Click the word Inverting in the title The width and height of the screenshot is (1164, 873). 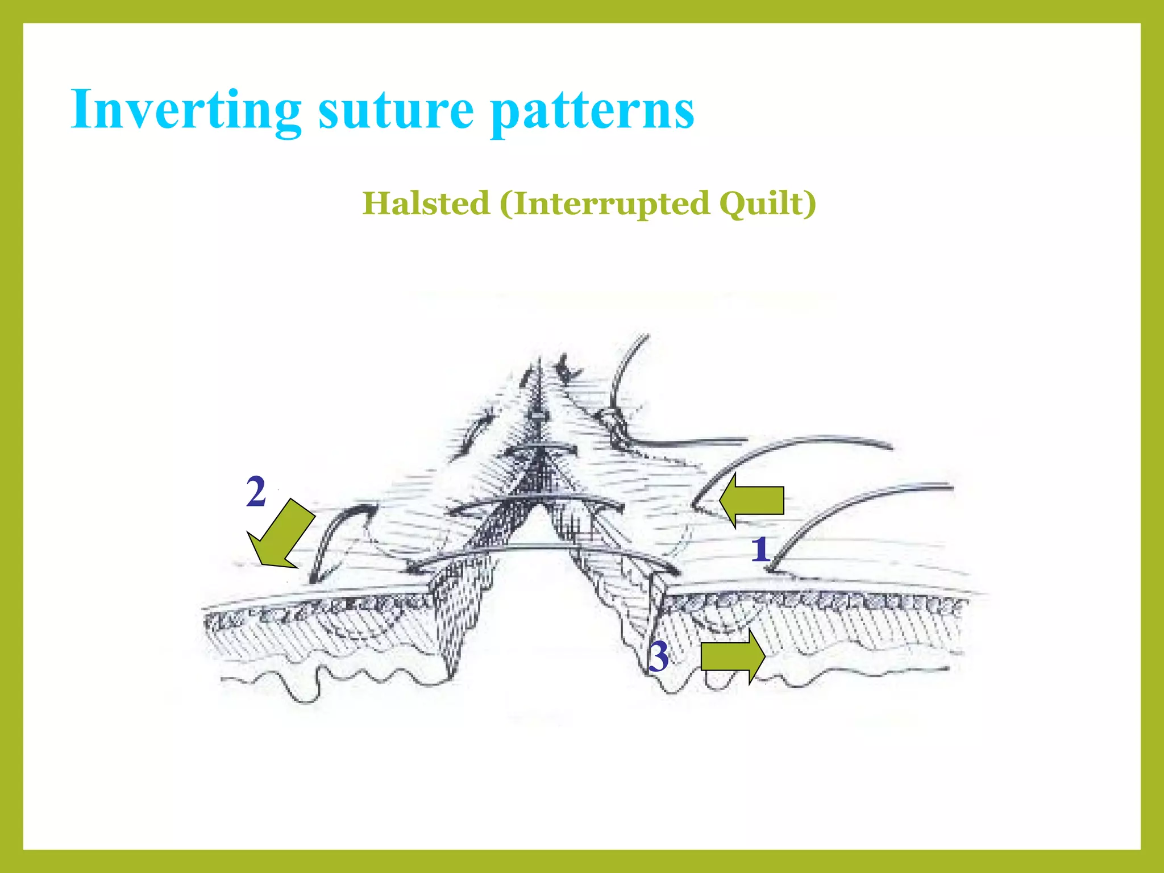tap(185, 110)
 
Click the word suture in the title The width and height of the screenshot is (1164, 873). tap(396, 110)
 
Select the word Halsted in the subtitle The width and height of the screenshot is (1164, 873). tap(426, 203)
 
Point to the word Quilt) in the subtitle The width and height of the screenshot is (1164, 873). tap(767, 203)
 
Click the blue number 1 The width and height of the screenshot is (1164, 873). tap(760, 550)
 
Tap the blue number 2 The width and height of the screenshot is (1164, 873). tap(256, 492)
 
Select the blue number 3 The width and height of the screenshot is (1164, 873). tap(659, 656)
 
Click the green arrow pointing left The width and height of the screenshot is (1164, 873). tap(750, 501)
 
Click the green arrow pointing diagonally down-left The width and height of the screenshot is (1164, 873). tap(281, 534)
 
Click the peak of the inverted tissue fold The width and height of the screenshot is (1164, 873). tap(538, 369)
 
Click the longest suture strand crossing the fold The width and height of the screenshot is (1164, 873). tap(546, 548)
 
